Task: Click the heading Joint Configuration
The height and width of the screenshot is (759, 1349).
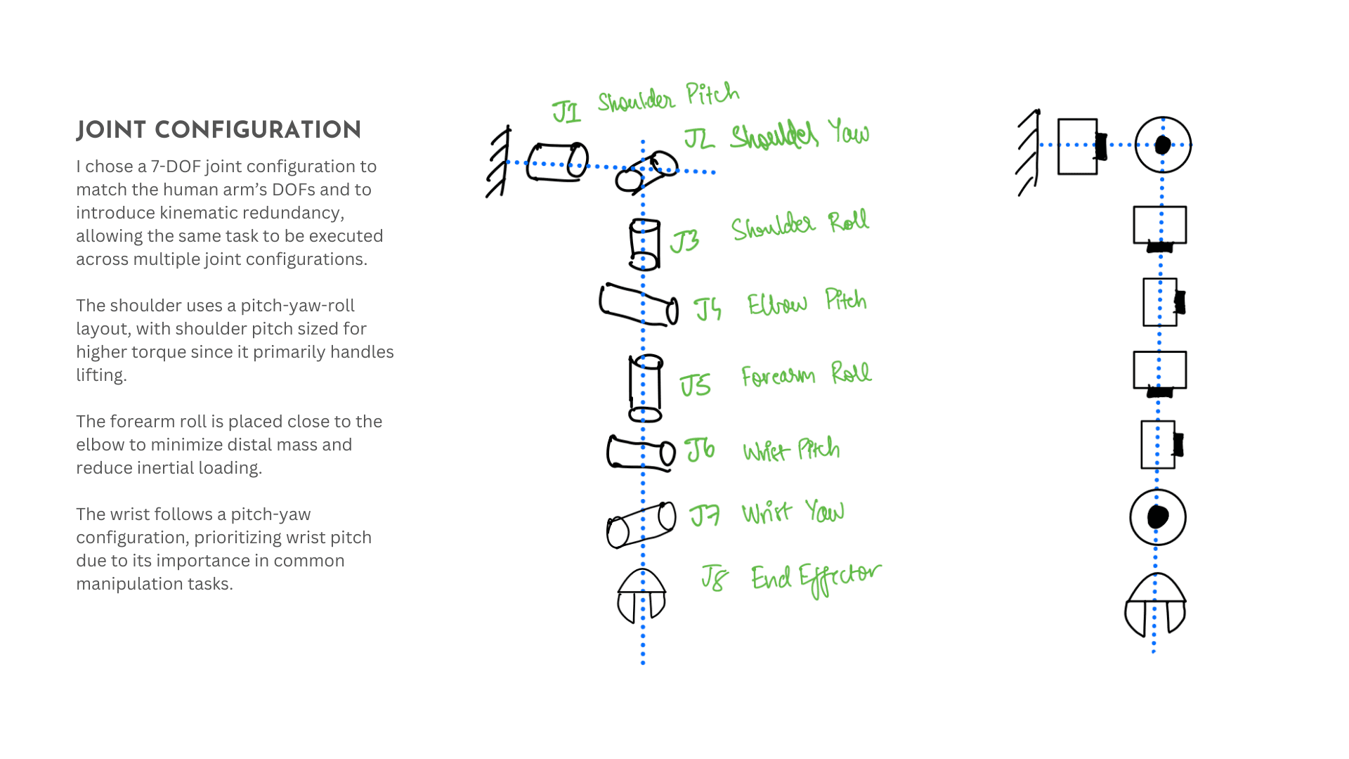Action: [219, 130]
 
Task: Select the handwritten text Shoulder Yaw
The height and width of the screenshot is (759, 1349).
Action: [800, 134]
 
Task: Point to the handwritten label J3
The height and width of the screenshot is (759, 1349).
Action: [684, 242]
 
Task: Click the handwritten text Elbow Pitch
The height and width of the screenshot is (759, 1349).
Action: [807, 302]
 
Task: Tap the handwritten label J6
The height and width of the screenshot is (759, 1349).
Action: [700, 450]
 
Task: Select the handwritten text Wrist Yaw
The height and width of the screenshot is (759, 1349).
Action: [793, 512]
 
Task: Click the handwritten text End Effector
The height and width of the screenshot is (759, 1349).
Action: [815, 578]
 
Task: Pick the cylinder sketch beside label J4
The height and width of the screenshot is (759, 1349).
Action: [639, 305]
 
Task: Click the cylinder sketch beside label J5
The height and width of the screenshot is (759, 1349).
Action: [645, 388]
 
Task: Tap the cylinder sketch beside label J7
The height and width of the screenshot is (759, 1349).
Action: [641, 524]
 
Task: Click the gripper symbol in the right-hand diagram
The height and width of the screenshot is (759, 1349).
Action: [1156, 606]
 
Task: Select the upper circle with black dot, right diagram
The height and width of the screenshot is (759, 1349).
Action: [1163, 145]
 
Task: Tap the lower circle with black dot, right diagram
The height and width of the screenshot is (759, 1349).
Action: [1158, 517]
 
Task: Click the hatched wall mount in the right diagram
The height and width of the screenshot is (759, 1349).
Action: [1029, 153]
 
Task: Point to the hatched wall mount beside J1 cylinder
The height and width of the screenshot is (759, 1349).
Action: [498, 162]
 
